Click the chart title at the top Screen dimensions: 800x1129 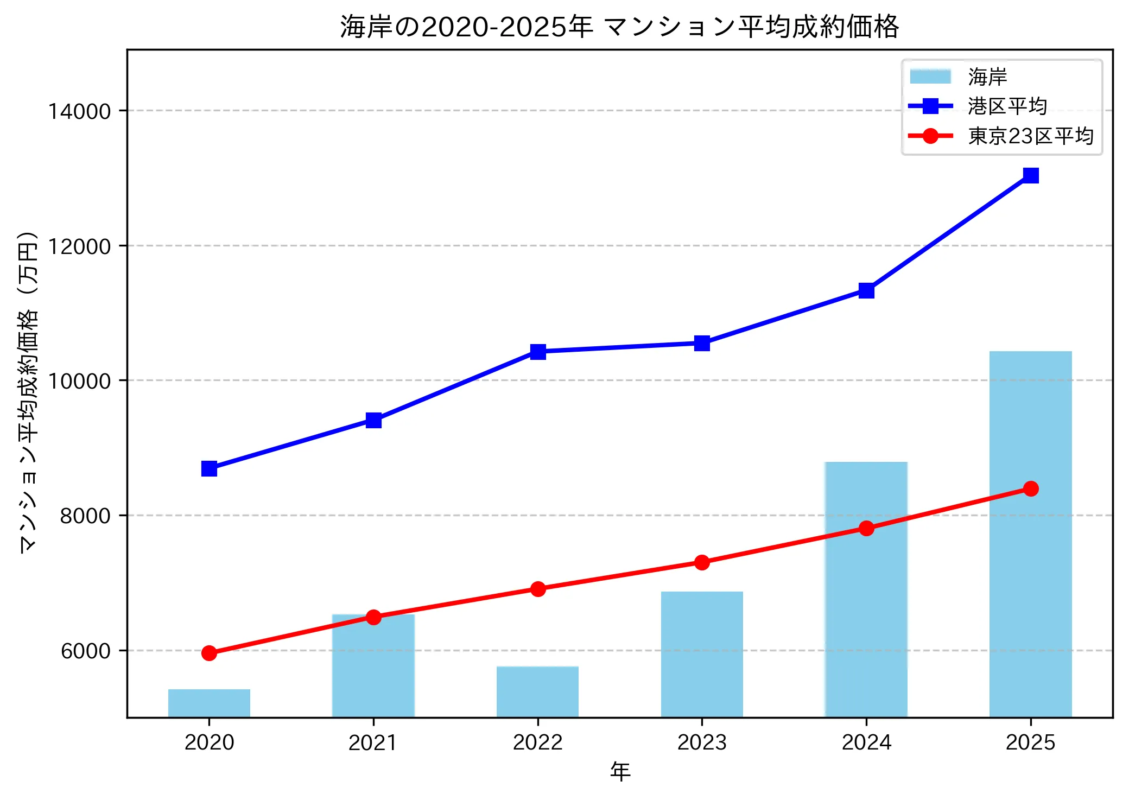pyautogui.click(x=619, y=27)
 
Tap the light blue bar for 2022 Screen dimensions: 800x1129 pyautogui.click(x=537, y=691)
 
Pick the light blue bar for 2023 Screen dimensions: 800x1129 pyautogui.click(x=702, y=654)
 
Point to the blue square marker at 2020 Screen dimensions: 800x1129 pyautogui.click(x=209, y=468)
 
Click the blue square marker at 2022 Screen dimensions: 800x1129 pyautogui.click(x=538, y=352)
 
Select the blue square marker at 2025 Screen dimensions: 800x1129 pyautogui.click(x=1031, y=175)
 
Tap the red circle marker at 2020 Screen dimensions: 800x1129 pyautogui.click(x=209, y=653)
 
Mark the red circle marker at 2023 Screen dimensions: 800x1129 pyautogui.click(x=702, y=562)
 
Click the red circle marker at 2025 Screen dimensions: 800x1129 pyautogui.click(x=1031, y=488)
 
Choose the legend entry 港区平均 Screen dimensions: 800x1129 pyautogui.click(x=1007, y=106)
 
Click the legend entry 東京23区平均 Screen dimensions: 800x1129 pyautogui.click(x=1030, y=136)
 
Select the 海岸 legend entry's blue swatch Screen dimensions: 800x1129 pyautogui.click(x=930, y=77)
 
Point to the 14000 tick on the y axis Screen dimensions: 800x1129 pyautogui.click(x=79, y=111)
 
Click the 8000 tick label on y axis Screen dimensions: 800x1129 pyautogui.click(x=85, y=516)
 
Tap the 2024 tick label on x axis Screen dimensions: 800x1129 pyautogui.click(x=866, y=742)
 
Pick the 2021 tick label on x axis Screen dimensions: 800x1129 pyautogui.click(x=373, y=742)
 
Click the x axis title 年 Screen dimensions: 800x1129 pyautogui.click(x=620, y=771)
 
